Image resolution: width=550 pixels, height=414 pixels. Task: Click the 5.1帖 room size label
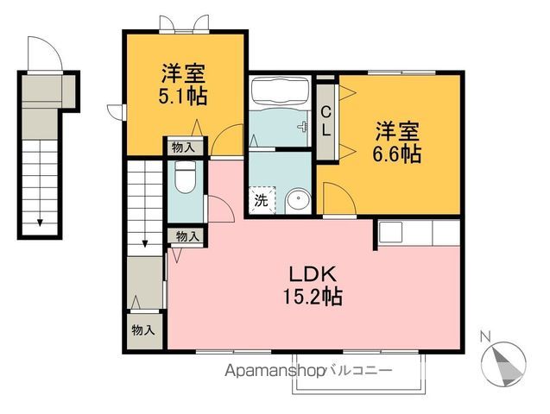pos(183,95)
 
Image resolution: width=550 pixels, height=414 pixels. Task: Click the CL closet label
pos(326,120)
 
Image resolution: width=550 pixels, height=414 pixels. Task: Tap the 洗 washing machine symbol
pos(260,202)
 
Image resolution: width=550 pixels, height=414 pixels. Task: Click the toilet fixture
pos(183,179)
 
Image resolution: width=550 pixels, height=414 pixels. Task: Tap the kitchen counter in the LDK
pos(417,232)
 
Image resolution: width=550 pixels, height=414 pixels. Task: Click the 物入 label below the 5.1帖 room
pos(182,147)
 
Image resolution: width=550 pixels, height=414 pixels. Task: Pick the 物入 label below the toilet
pos(187,235)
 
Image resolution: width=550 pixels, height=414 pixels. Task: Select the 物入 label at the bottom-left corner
pos(143,329)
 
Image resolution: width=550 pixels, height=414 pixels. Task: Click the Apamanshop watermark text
pos(274,371)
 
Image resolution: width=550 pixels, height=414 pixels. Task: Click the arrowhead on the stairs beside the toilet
pos(145,245)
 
